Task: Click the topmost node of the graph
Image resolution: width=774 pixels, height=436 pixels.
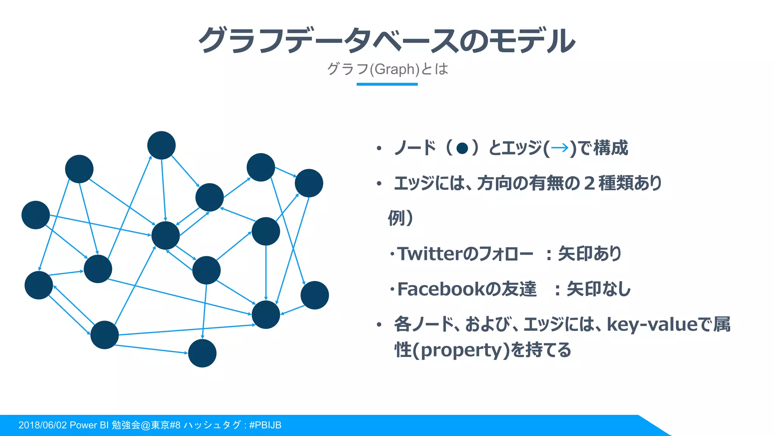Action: (161, 145)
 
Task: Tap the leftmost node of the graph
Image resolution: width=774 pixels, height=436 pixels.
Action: (36, 215)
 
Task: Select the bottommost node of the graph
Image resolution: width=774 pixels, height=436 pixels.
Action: (202, 353)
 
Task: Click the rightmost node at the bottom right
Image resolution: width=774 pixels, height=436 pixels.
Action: (315, 295)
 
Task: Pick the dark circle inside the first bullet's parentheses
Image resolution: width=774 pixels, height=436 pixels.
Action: (462, 148)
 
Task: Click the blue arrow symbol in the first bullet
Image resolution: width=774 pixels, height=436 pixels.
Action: (560, 148)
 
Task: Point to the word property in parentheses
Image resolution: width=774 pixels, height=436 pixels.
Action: (464, 350)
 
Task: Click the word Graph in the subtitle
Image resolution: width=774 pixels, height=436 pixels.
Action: (395, 69)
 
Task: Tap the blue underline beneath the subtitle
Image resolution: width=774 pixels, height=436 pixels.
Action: (387, 84)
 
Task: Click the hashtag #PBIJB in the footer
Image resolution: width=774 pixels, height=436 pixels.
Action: (265, 425)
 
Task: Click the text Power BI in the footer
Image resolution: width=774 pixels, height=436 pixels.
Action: (89, 425)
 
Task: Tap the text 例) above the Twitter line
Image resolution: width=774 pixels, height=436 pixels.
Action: (400, 218)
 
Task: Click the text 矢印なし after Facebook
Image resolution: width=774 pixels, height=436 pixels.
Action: (598, 289)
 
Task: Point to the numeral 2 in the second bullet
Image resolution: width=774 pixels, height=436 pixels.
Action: (589, 183)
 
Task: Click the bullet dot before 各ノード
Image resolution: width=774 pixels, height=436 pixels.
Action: (379, 325)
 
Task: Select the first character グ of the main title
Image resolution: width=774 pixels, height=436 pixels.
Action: (214, 40)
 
